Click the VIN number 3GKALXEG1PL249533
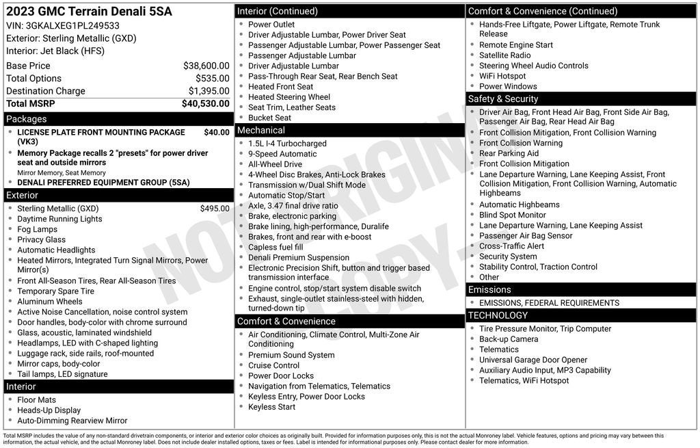[72, 25]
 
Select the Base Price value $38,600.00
[206, 66]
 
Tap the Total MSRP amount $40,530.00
[205, 103]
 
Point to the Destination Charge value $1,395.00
[208, 91]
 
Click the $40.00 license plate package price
[217, 132]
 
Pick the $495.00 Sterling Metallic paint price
[215, 209]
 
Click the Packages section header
[27, 119]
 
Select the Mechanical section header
[260, 130]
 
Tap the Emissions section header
[489, 289]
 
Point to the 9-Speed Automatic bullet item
[282, 154]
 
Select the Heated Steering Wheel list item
[288, 97]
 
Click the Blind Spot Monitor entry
[512, 215]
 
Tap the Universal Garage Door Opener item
[533, 360]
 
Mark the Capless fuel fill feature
[275, 247]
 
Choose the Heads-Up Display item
[49, 410]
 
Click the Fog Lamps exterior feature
[37, 229]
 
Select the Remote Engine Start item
[515, 45]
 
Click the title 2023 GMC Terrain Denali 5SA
[89, 12]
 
